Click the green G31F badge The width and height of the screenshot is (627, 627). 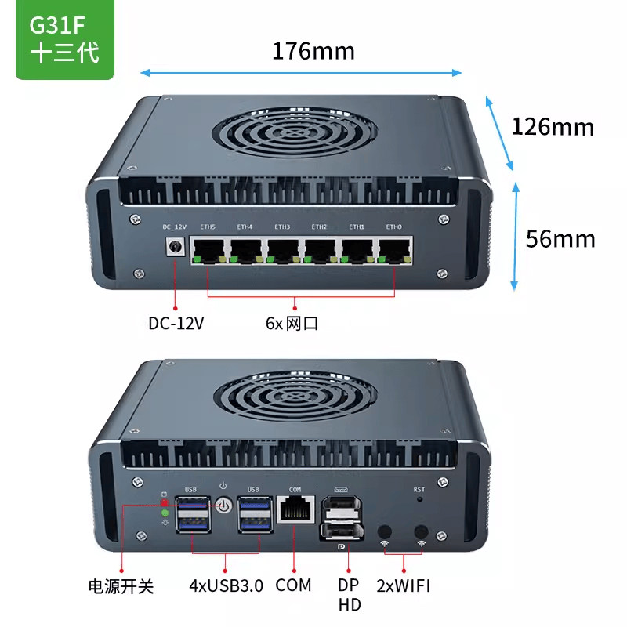65,41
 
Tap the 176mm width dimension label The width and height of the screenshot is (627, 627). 313,52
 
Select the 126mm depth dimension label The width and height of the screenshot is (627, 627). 553,126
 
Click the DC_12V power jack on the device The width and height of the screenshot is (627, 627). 175,248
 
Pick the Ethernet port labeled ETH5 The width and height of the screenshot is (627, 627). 208,248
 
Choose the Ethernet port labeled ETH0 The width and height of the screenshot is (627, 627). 394,248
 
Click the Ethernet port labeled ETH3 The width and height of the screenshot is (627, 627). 282,248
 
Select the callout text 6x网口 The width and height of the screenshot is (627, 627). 292,323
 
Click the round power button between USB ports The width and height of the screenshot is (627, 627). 224,506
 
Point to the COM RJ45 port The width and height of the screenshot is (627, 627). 295,511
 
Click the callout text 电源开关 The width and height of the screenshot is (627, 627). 121,585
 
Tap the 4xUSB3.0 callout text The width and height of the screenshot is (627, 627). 227,585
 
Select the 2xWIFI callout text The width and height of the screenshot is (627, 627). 404,585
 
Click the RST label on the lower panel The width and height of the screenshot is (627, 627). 419,490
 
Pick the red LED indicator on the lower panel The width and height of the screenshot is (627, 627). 165,502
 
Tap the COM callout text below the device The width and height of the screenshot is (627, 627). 294,585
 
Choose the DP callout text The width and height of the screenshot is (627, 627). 349,585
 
